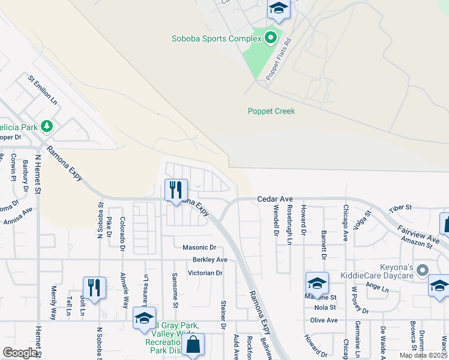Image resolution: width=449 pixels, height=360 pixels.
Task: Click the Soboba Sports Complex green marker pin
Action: click(271, 38)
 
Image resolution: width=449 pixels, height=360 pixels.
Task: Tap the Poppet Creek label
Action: click(271, 111)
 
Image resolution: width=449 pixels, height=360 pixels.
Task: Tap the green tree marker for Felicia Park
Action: click(47, 127)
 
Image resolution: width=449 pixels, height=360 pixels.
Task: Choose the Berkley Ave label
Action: click(210, 260)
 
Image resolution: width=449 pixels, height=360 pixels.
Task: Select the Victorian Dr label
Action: click(205, 273)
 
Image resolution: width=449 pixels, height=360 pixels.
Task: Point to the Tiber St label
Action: click(401, 208)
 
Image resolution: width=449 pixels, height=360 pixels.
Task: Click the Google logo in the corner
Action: click(20, 353)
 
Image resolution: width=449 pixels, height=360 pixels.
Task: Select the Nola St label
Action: click(324, 308)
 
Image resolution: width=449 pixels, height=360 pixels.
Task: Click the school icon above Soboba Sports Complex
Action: click(279, 8)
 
